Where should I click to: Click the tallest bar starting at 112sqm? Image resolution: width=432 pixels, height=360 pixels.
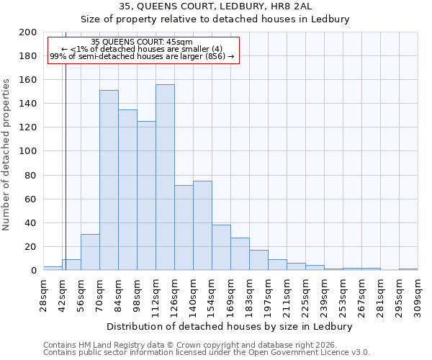click(165, 177)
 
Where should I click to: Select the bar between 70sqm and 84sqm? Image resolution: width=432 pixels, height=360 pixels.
click(109, 180)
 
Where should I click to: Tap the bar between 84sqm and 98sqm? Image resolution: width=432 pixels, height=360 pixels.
click(127, 190)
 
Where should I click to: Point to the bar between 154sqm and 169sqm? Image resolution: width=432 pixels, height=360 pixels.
click(221, 248)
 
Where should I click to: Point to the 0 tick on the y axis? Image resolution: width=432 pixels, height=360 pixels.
click(33, 271)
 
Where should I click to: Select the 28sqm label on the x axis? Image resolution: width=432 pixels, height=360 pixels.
click(44, 293)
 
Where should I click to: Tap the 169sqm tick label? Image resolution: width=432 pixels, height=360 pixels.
click(230, 295)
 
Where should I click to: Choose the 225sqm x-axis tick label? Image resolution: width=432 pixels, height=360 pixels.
click(305, 295)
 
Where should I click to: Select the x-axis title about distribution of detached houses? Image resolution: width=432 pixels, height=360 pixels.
click(234, 326)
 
